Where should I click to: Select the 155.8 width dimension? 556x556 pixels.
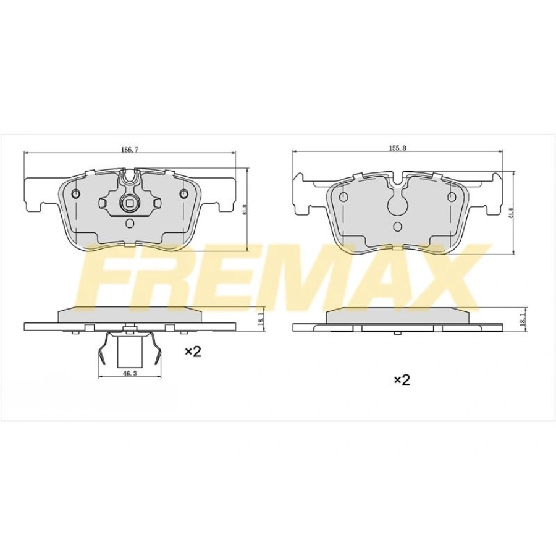click(397, 149)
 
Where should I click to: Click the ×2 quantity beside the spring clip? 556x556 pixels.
click(193, 352)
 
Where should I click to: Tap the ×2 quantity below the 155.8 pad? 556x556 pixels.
click(402, 380)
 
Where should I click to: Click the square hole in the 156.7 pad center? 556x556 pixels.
click(129, 201)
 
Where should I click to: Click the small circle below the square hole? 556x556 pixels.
click(129, 224)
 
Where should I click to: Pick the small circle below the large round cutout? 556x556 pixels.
click(398, 225)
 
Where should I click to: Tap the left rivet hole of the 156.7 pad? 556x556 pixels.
click(76, 195)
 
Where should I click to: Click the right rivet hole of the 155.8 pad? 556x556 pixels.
click(452, 196)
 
